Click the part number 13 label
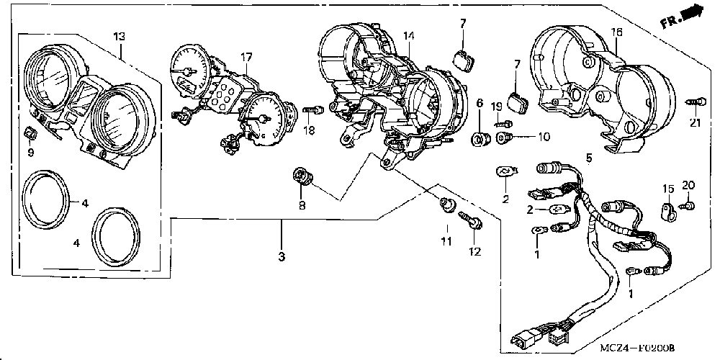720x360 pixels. tap(120, 37)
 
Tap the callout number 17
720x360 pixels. tap(247, 56)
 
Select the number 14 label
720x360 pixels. tap(408, 35)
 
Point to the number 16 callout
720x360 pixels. tap(617, 33)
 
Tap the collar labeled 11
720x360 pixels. tap(446, 207)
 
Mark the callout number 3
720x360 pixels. tap(282, 257)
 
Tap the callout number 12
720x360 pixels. tap(475, 251)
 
